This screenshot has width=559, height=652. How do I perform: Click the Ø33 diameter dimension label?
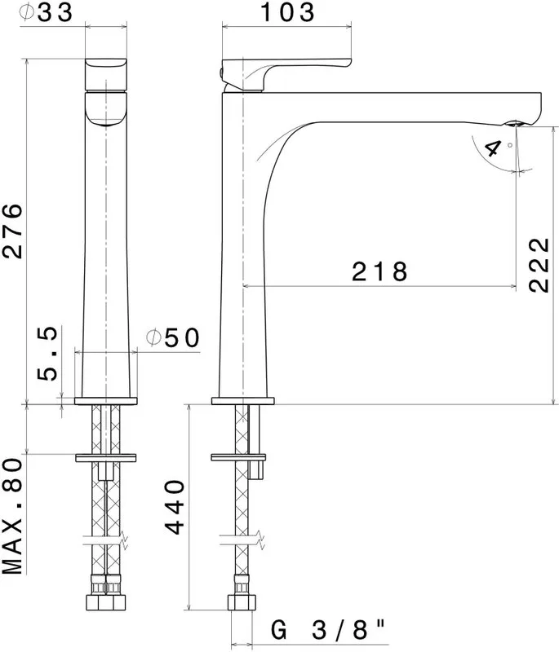point(46,12)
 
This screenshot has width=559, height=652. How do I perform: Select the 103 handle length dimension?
point(287,12)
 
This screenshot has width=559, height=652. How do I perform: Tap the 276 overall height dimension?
point(11,231)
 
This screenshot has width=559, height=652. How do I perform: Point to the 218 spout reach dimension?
point(379,271)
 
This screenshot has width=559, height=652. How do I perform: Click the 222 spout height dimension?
point(539,266)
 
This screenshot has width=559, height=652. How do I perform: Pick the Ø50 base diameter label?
point(173,337)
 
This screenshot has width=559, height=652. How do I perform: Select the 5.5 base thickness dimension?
point(47,354)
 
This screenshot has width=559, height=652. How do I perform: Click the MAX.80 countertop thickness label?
point(12,516)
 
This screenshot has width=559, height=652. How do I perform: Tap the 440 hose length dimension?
point(175,507)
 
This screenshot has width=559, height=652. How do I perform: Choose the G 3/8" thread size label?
point(327,630)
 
